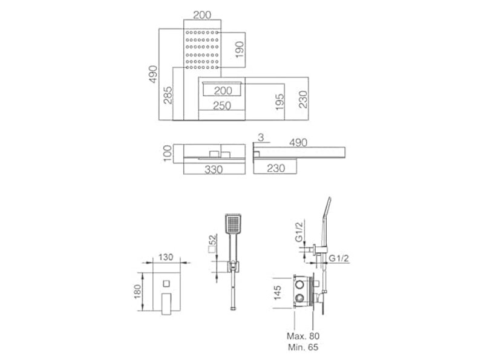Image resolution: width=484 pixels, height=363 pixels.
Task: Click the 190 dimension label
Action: [240, 50]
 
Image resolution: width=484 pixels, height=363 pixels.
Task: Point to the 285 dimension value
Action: [168, 95]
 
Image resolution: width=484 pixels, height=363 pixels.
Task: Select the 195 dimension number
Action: [280, 102]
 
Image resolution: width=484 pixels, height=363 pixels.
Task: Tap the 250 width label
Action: [222, 106]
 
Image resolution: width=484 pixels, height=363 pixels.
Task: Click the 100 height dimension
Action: [167, 153]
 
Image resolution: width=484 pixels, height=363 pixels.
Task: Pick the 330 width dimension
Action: [214, 169]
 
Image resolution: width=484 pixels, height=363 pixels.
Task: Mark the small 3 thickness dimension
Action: [261, 138]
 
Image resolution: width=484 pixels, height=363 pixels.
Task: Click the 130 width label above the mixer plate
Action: [166, 257]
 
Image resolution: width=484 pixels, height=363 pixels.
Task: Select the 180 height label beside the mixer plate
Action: [137, 292]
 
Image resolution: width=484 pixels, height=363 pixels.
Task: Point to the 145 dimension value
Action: [278, 293]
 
